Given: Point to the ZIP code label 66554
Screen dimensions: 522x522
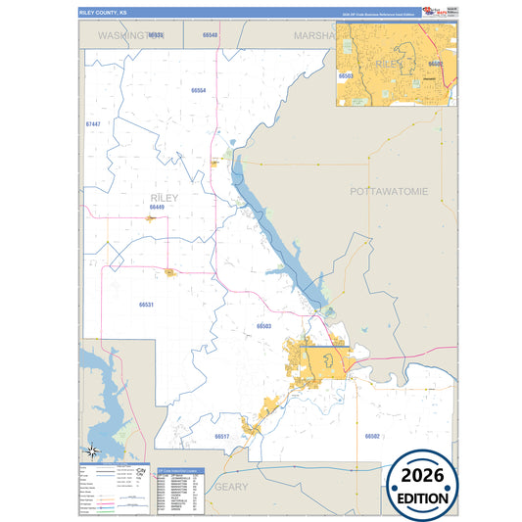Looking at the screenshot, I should pyautogui.click(x=199, y=90).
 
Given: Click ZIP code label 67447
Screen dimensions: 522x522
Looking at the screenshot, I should pyautogui.click(x=93, y=124).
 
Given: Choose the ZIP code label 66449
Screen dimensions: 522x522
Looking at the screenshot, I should pyautogui.click(x=158, y=208).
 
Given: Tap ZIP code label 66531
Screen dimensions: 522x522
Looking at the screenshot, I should pyautogui.click(x=146, y=305).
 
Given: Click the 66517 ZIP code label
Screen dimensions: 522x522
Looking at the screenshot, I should pyautogui.click(x=221, y=436).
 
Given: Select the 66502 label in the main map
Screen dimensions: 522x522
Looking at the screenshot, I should pyautogui.click(x=372, y=436).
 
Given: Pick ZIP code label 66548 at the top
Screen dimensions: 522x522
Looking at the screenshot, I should pyautogui.click(x=210, y=34).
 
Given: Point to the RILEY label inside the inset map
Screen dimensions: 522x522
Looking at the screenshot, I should pyautogui.click(x=389, y=62).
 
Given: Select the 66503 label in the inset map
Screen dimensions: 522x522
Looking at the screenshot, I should pyautogui.click(x=345, y=74).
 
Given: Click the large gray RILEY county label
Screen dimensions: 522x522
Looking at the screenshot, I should pyautogui.click(x=165, y=197).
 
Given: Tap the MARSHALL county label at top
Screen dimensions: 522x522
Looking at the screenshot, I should pyautogui.click(x=313, y=34).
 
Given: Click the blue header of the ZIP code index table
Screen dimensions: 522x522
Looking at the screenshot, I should pyautogui.click(x=180, y=471).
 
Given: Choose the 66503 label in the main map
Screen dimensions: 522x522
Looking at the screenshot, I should pyautogui.click(x=263, y=326).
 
